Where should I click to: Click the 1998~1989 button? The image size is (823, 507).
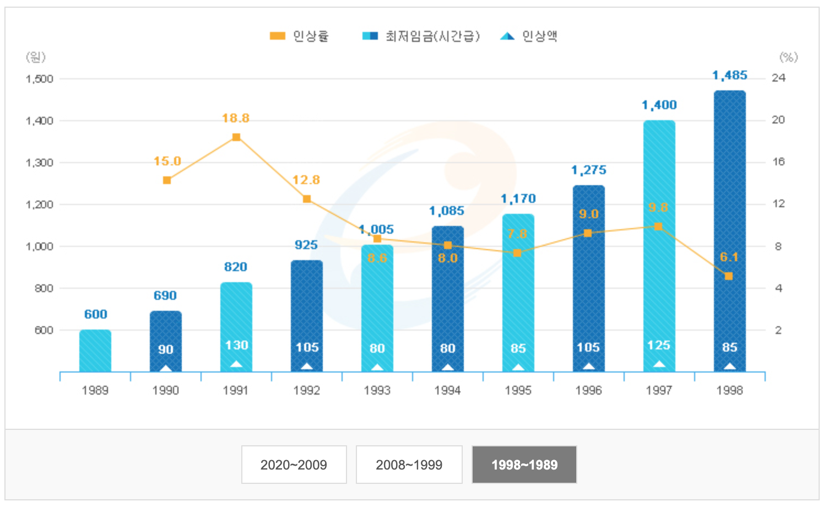(x=524, y=465)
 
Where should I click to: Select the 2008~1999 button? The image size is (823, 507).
(x=409, y=465)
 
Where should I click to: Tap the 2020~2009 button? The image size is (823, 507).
(x=294, y=465)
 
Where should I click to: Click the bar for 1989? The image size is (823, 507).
(x=95, y=350)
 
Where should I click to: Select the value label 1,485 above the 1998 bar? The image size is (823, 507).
(x=729, y=75)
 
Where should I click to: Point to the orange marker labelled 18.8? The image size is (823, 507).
(x=236, y=137)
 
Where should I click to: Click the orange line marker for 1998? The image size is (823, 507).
(x=729, y=276)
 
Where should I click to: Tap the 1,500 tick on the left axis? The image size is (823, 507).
(x=40, y=79)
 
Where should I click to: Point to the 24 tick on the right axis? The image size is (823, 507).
(x=778, y=78)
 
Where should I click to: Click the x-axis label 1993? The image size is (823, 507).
(x=377, y=390)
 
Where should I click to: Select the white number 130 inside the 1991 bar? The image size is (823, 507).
(x=236, y=346)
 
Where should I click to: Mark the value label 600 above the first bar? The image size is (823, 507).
(x=95, y=314)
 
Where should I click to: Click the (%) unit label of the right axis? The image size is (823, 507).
(x=788, y=57)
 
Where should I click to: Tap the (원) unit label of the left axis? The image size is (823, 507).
(x=36, y=57)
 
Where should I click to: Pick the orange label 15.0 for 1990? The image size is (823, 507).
(x=167, y=161)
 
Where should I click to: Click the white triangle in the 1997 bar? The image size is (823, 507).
(x=659, y=364)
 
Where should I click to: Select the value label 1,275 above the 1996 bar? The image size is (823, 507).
(x=588, y=170)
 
